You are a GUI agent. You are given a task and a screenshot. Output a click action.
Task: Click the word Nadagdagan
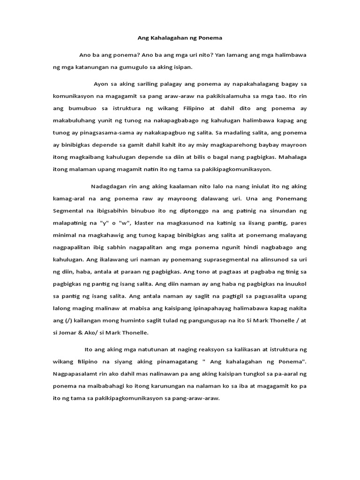tap(111, 186)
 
